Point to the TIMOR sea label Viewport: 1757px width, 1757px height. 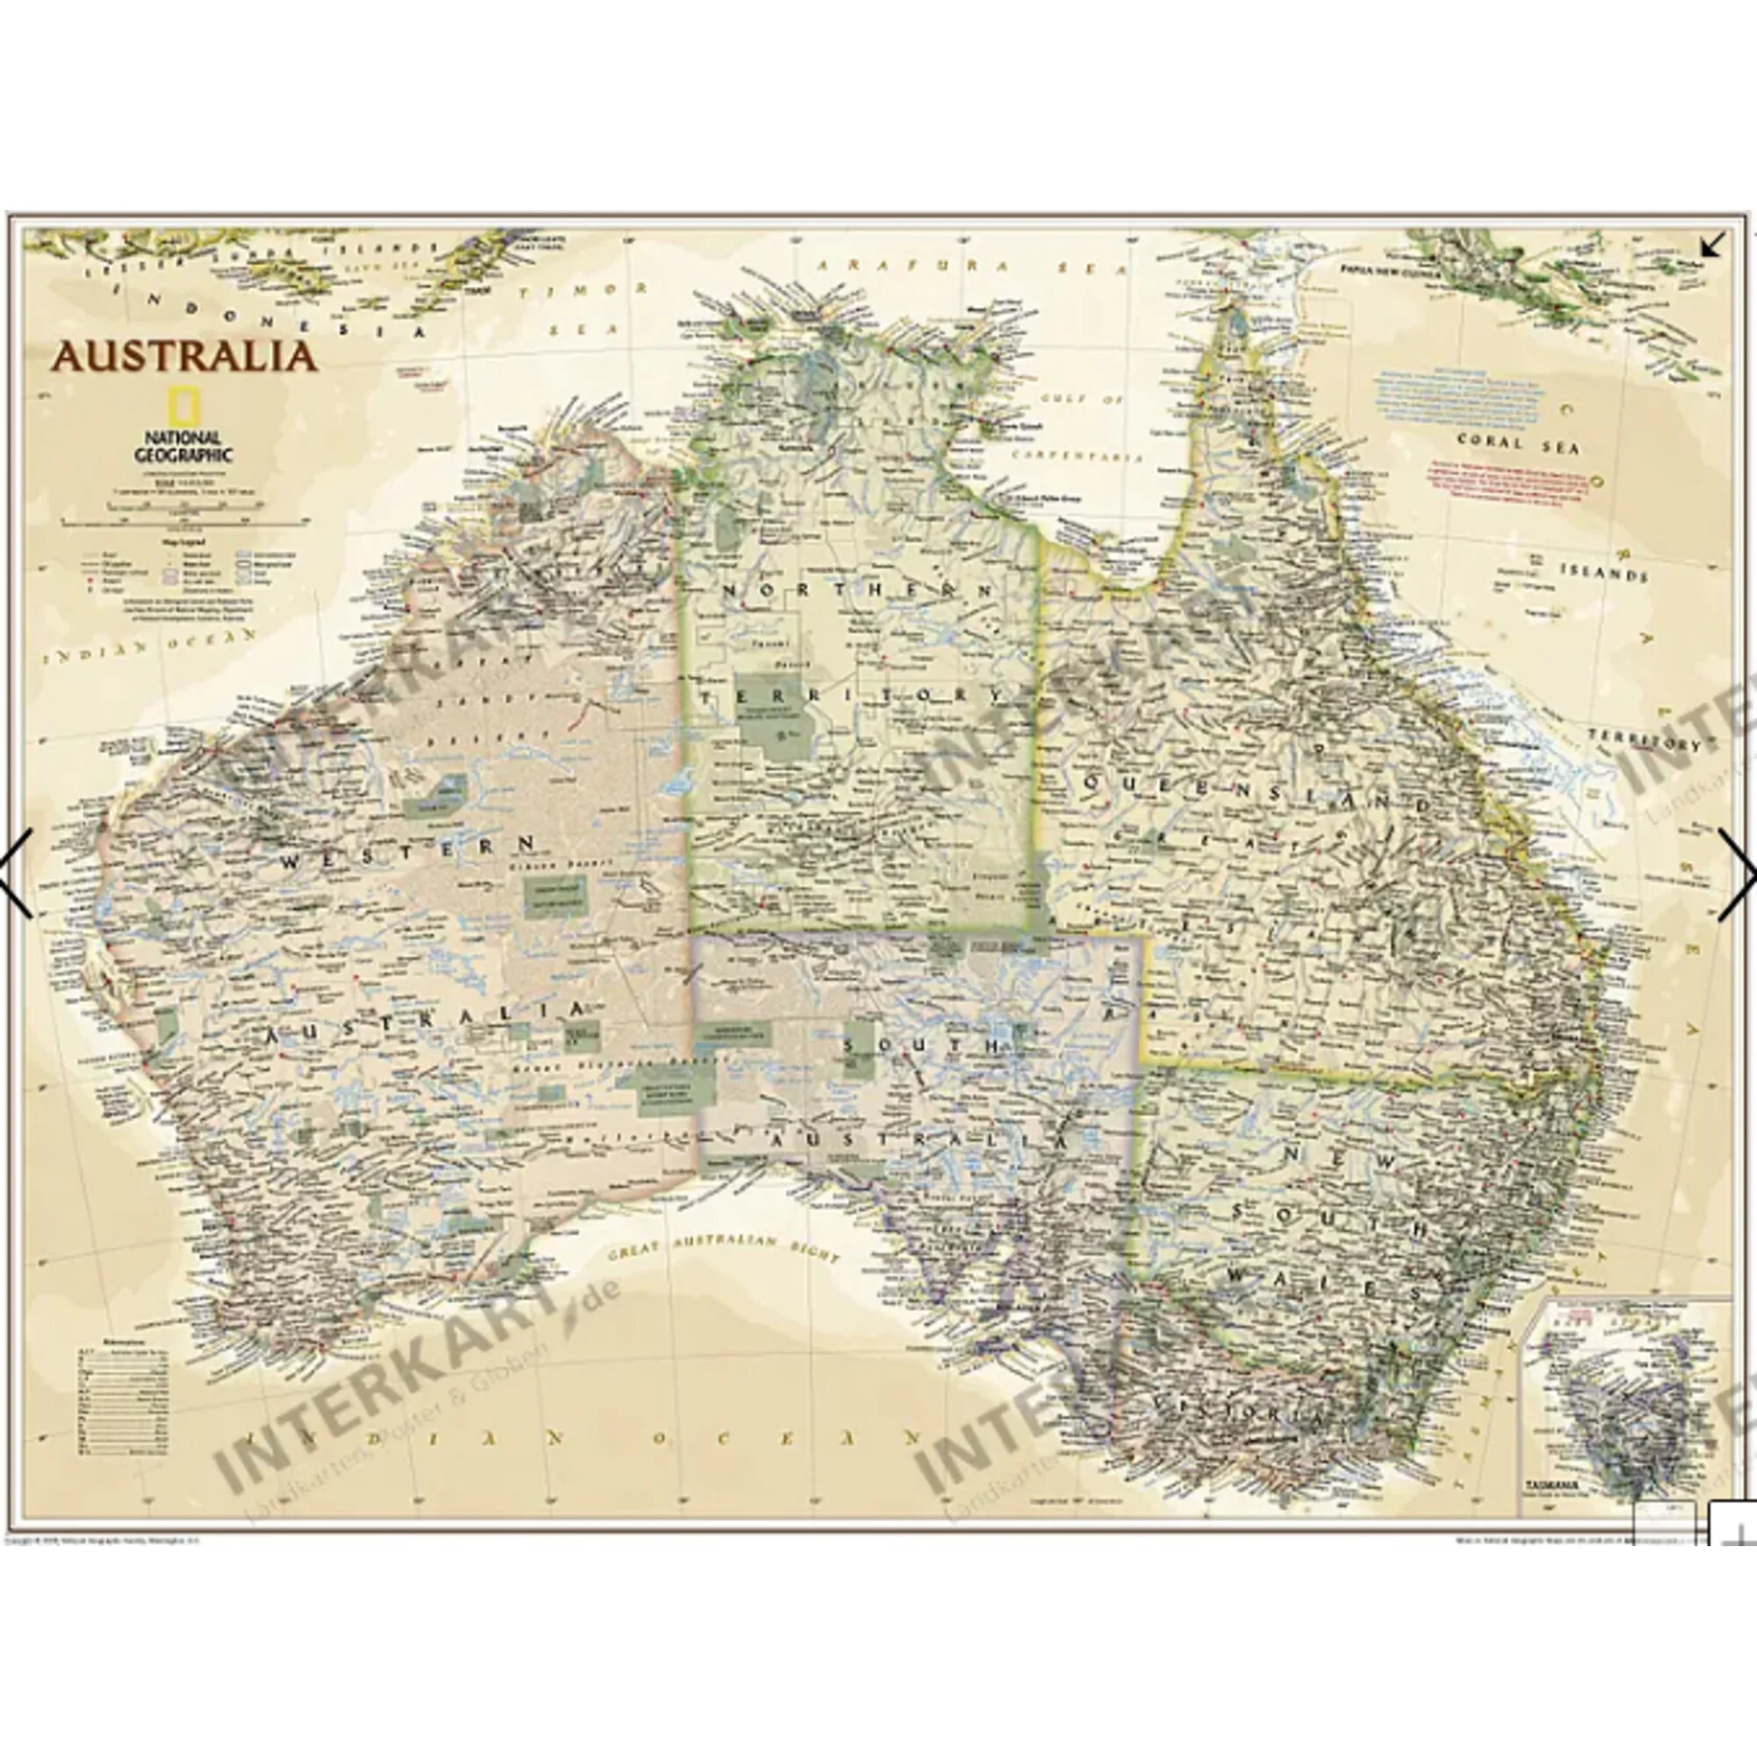(585, 291)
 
